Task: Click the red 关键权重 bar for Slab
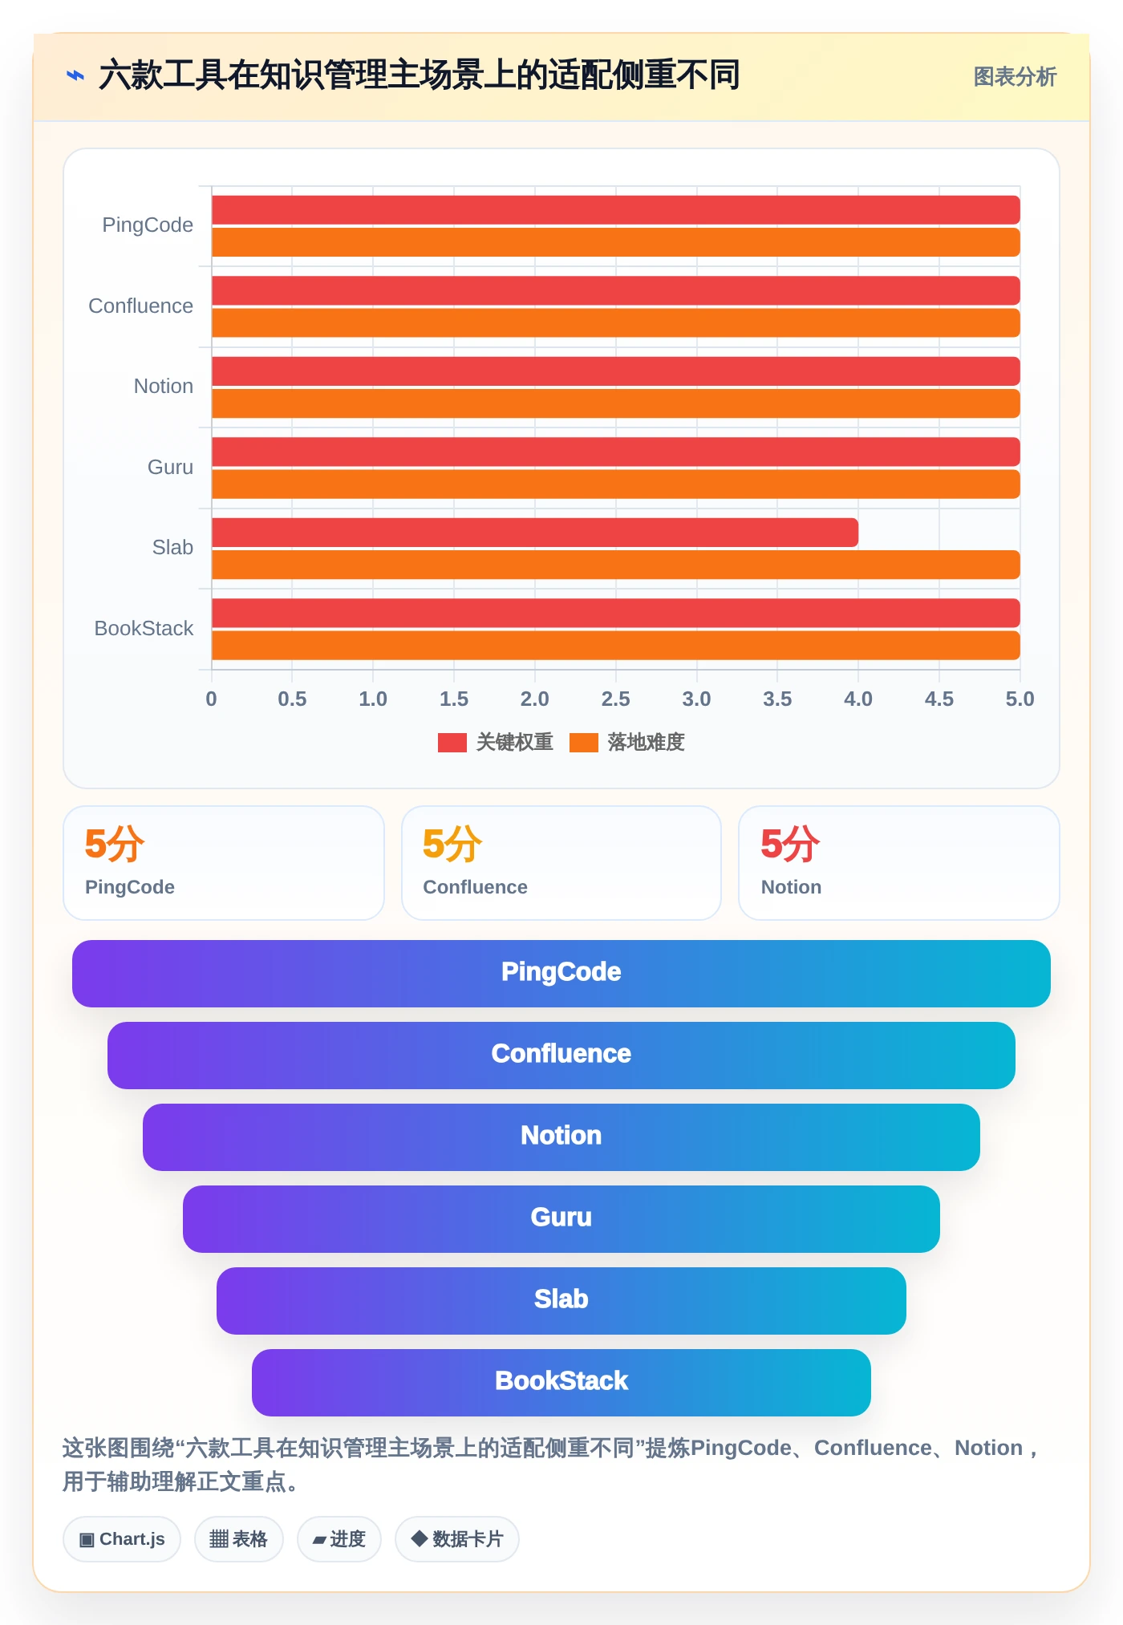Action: pos(535,533)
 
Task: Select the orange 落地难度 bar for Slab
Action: pos(616,565)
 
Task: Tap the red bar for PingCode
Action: pos(616,210)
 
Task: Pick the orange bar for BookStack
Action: pos(616,646)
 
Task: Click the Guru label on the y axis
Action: pos(170,467)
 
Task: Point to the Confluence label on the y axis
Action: pos(140,306)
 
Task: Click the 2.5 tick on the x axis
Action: pos(615,699)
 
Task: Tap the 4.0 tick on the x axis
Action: pos(858,699)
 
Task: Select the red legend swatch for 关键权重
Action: pos(452,743)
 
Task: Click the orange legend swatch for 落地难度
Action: pos(584,743)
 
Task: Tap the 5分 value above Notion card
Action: pos(790,844)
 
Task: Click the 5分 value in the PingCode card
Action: pos(114,844)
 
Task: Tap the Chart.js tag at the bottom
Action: pos(122,1539)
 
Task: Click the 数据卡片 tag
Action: pos(457,1539)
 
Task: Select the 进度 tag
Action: pos(339,1539)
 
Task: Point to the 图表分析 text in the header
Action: pos(1015,77)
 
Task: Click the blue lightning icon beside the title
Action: pos(75,76)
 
